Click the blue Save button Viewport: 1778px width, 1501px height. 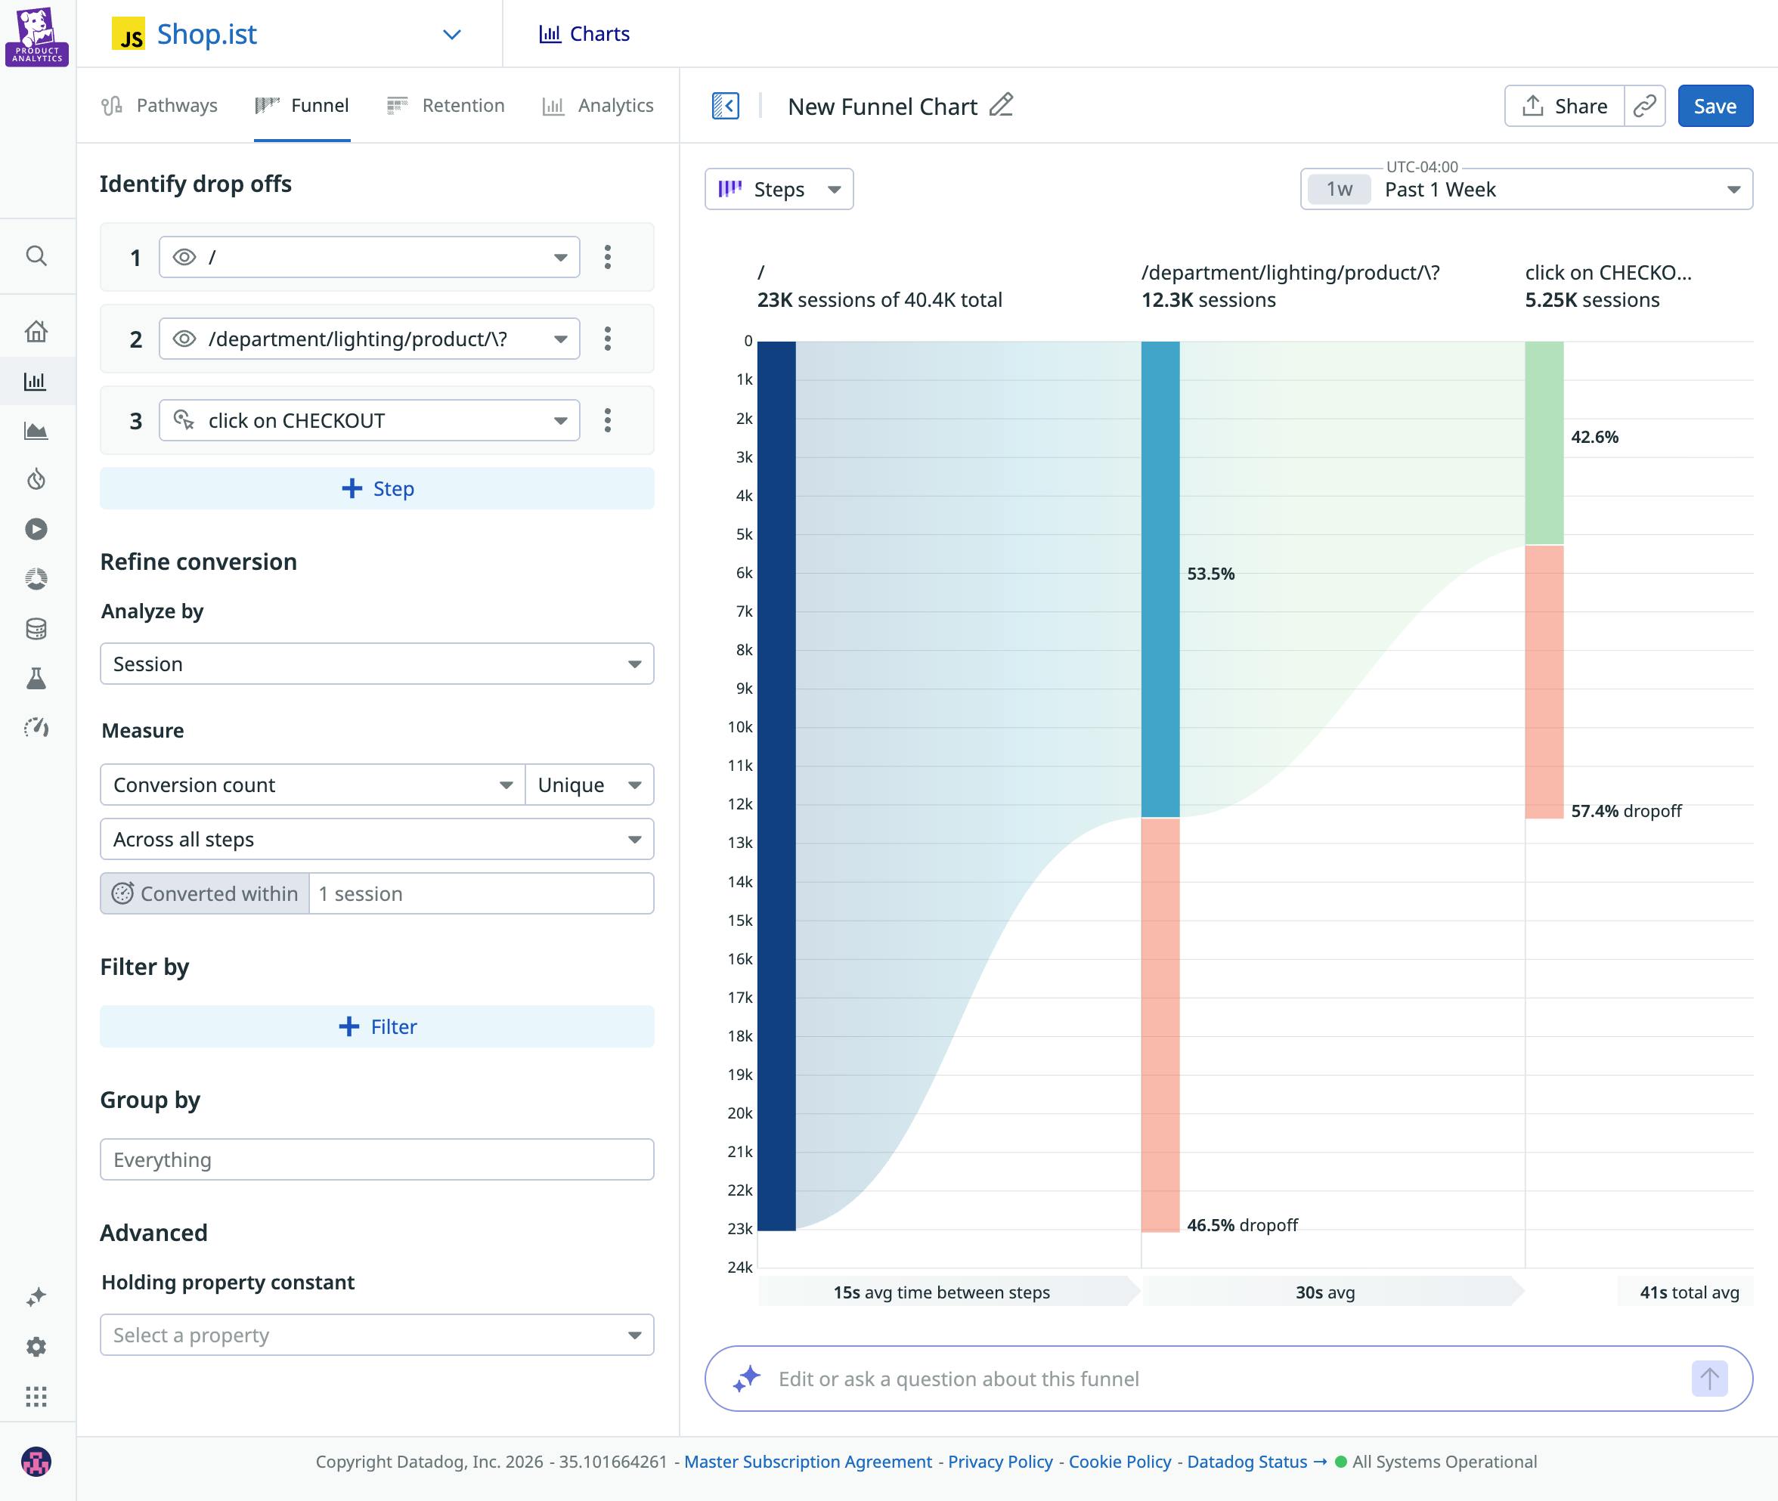[1714, 107]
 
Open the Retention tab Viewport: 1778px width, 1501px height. [446, 106]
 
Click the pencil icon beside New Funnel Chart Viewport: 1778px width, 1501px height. [1001, 106]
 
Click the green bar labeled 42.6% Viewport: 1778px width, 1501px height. [1544, 442]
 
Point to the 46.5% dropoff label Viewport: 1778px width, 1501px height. [1242, 1224]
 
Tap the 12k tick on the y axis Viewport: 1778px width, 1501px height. [739, 804]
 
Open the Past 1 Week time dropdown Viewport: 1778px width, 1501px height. [1526, 189]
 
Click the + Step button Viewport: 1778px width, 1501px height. [377, 488]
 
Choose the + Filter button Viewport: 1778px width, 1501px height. [377, 1026]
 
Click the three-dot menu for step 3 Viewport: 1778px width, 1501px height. [608, 420]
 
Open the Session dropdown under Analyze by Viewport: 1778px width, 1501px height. [377, 664]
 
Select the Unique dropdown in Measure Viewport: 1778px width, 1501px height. [589, 785]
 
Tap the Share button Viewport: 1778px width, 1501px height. [1564, 107]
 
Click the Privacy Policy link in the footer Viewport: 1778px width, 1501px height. [1000, 1461]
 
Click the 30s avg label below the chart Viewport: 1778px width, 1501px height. [1324, 1292]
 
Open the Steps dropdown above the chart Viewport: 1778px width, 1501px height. [779, 189]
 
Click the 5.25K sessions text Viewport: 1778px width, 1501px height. [1591, 299]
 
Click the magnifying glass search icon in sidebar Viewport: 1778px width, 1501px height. [36, 255]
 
